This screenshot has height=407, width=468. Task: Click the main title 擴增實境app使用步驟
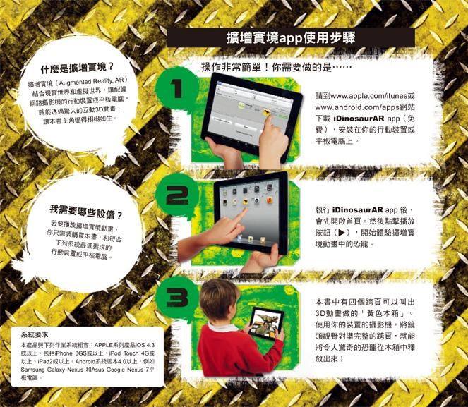coord(291,38)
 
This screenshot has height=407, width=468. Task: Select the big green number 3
coord(177,297)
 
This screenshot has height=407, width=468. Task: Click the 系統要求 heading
coord(35,335)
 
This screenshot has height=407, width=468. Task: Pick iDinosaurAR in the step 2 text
coord(358,209)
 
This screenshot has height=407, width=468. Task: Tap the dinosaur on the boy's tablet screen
coord(265,322)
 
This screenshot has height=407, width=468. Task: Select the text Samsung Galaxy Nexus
coord(50,370)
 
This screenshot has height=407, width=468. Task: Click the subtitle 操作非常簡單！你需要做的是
coord(266,68)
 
